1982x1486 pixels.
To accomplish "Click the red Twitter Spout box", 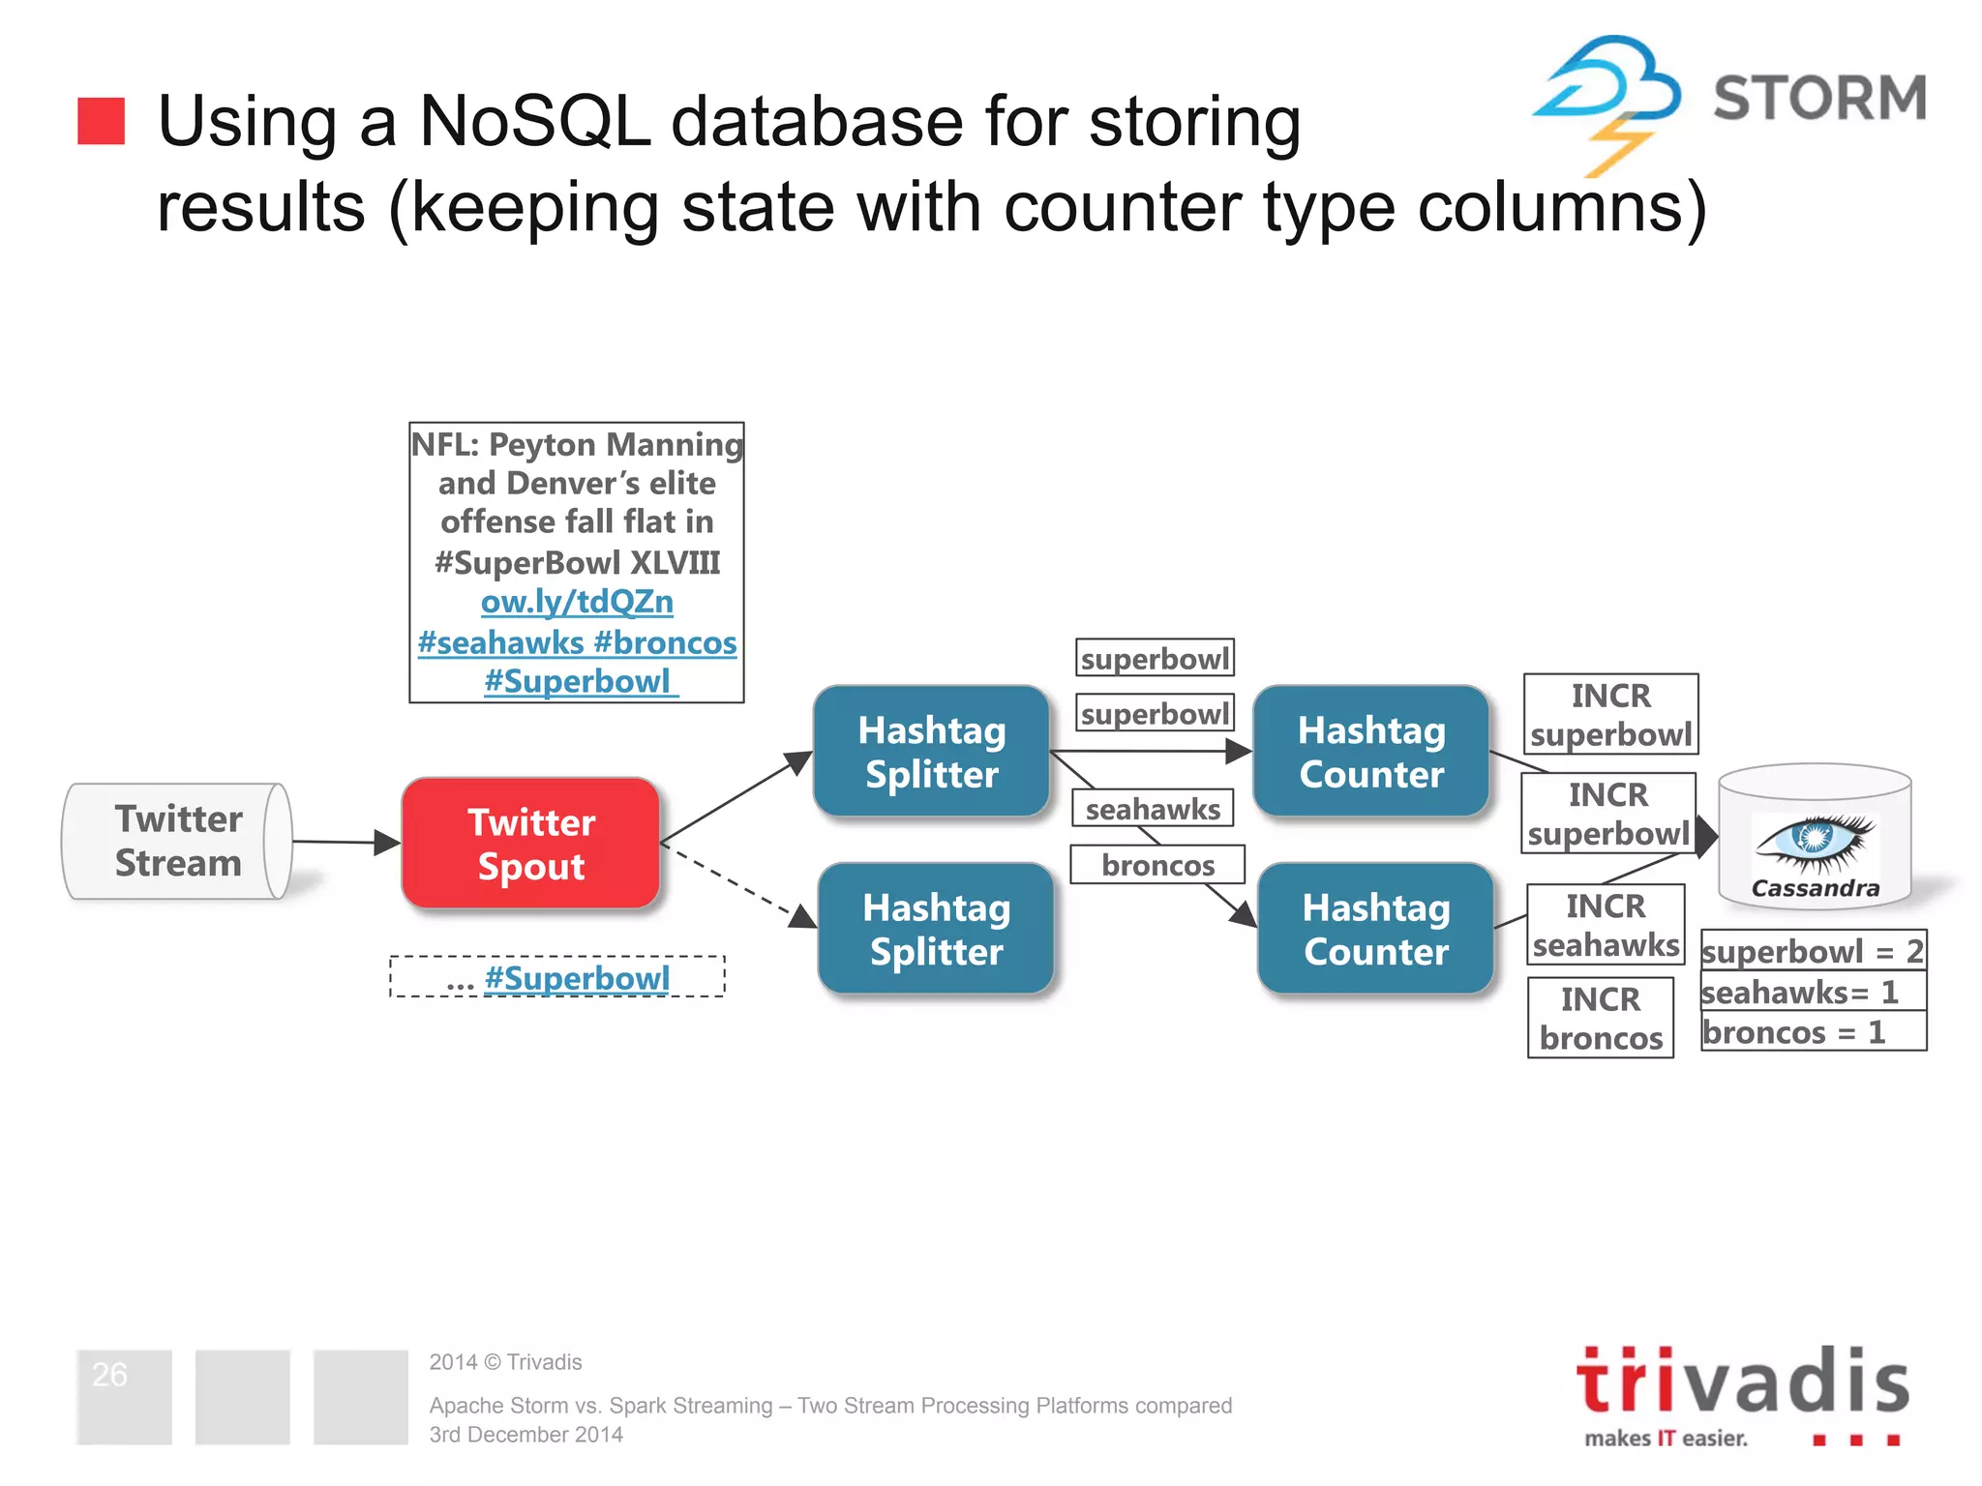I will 530,844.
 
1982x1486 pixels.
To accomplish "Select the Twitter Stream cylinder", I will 178,842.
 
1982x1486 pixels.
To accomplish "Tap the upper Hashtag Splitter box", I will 931,752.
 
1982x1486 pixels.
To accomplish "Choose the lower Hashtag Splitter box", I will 936,929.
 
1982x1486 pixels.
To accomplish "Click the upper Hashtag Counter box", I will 1370,752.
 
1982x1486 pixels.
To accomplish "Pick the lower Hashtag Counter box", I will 1375,929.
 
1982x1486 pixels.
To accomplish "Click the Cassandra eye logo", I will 1815,838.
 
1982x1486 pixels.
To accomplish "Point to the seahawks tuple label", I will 1152,809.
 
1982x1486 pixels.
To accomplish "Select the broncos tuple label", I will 1157,865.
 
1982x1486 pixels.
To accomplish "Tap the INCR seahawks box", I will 1605,925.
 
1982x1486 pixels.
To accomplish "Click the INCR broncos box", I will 1601,1018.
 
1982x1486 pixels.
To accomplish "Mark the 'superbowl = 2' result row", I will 1813,951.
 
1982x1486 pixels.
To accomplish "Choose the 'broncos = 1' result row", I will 1813,1032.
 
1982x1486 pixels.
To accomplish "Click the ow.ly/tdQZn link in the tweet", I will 577,602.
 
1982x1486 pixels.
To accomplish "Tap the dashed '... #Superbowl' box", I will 557,977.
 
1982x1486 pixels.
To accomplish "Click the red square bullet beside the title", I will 101,121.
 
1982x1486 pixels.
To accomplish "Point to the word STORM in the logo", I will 1819,98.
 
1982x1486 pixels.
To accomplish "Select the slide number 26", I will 109,1374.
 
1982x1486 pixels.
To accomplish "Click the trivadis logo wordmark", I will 1742,1382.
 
